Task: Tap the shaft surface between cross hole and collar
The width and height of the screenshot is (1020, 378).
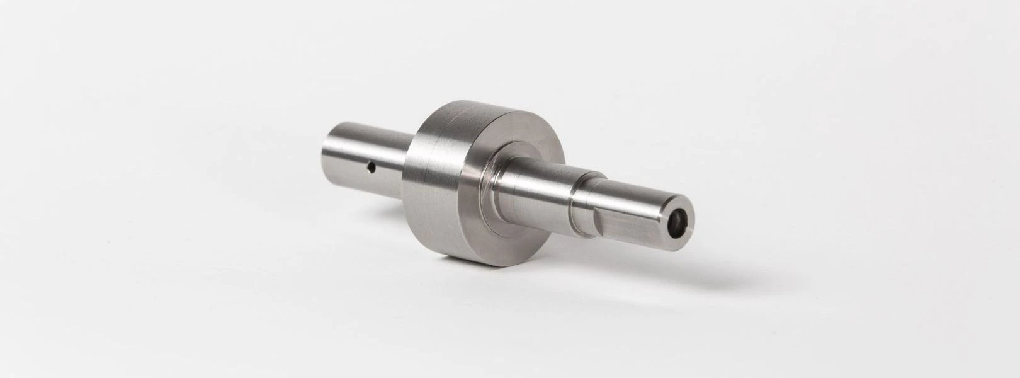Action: (390, 164)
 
